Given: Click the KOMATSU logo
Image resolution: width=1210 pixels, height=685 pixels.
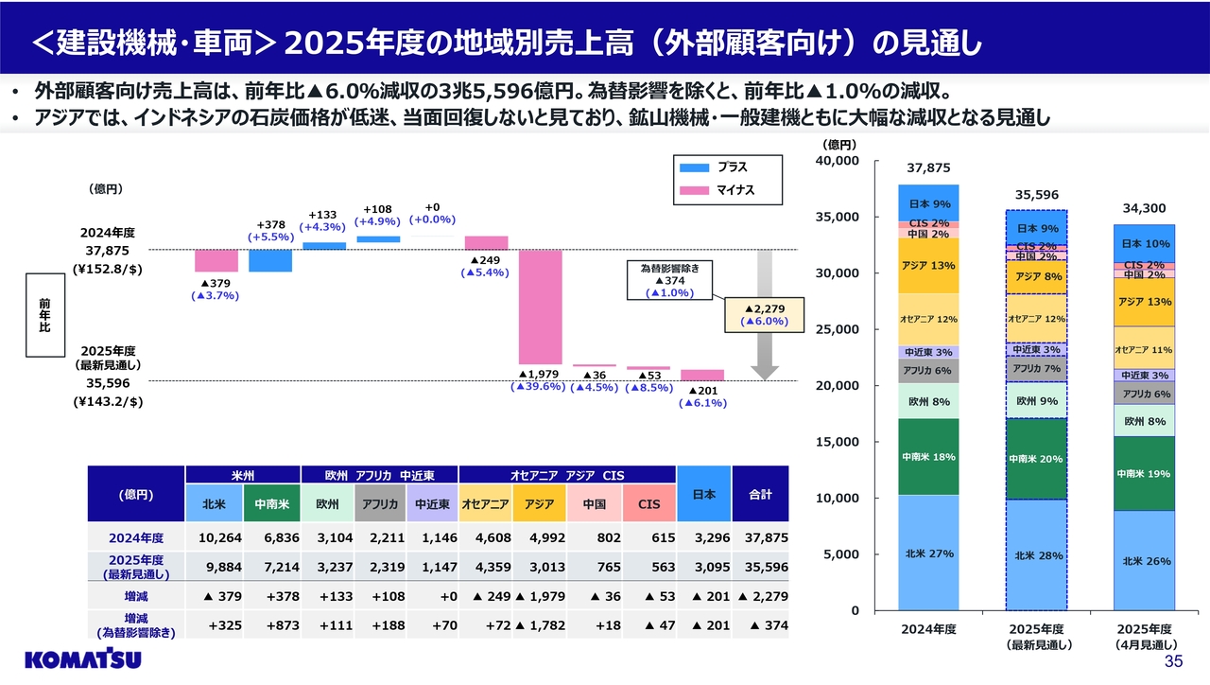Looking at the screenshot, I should coord(84,659).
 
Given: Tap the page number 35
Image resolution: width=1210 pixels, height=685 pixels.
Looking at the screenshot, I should coord(1173,660).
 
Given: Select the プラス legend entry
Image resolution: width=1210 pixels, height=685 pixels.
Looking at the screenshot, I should coord(717,167).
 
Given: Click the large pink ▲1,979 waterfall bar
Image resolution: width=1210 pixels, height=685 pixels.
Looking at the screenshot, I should coord(540,307).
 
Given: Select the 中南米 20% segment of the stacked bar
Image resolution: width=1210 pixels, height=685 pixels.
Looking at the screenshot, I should coord(1036,459).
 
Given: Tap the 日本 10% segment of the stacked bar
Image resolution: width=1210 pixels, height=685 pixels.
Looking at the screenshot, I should coord(1146,243).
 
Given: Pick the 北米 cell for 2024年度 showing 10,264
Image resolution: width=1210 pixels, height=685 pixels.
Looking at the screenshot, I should coord(215,537).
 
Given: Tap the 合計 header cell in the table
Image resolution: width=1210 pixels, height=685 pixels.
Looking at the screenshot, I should coord(760,494).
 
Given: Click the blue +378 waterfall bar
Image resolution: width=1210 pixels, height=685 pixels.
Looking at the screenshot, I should coord(270,260).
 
